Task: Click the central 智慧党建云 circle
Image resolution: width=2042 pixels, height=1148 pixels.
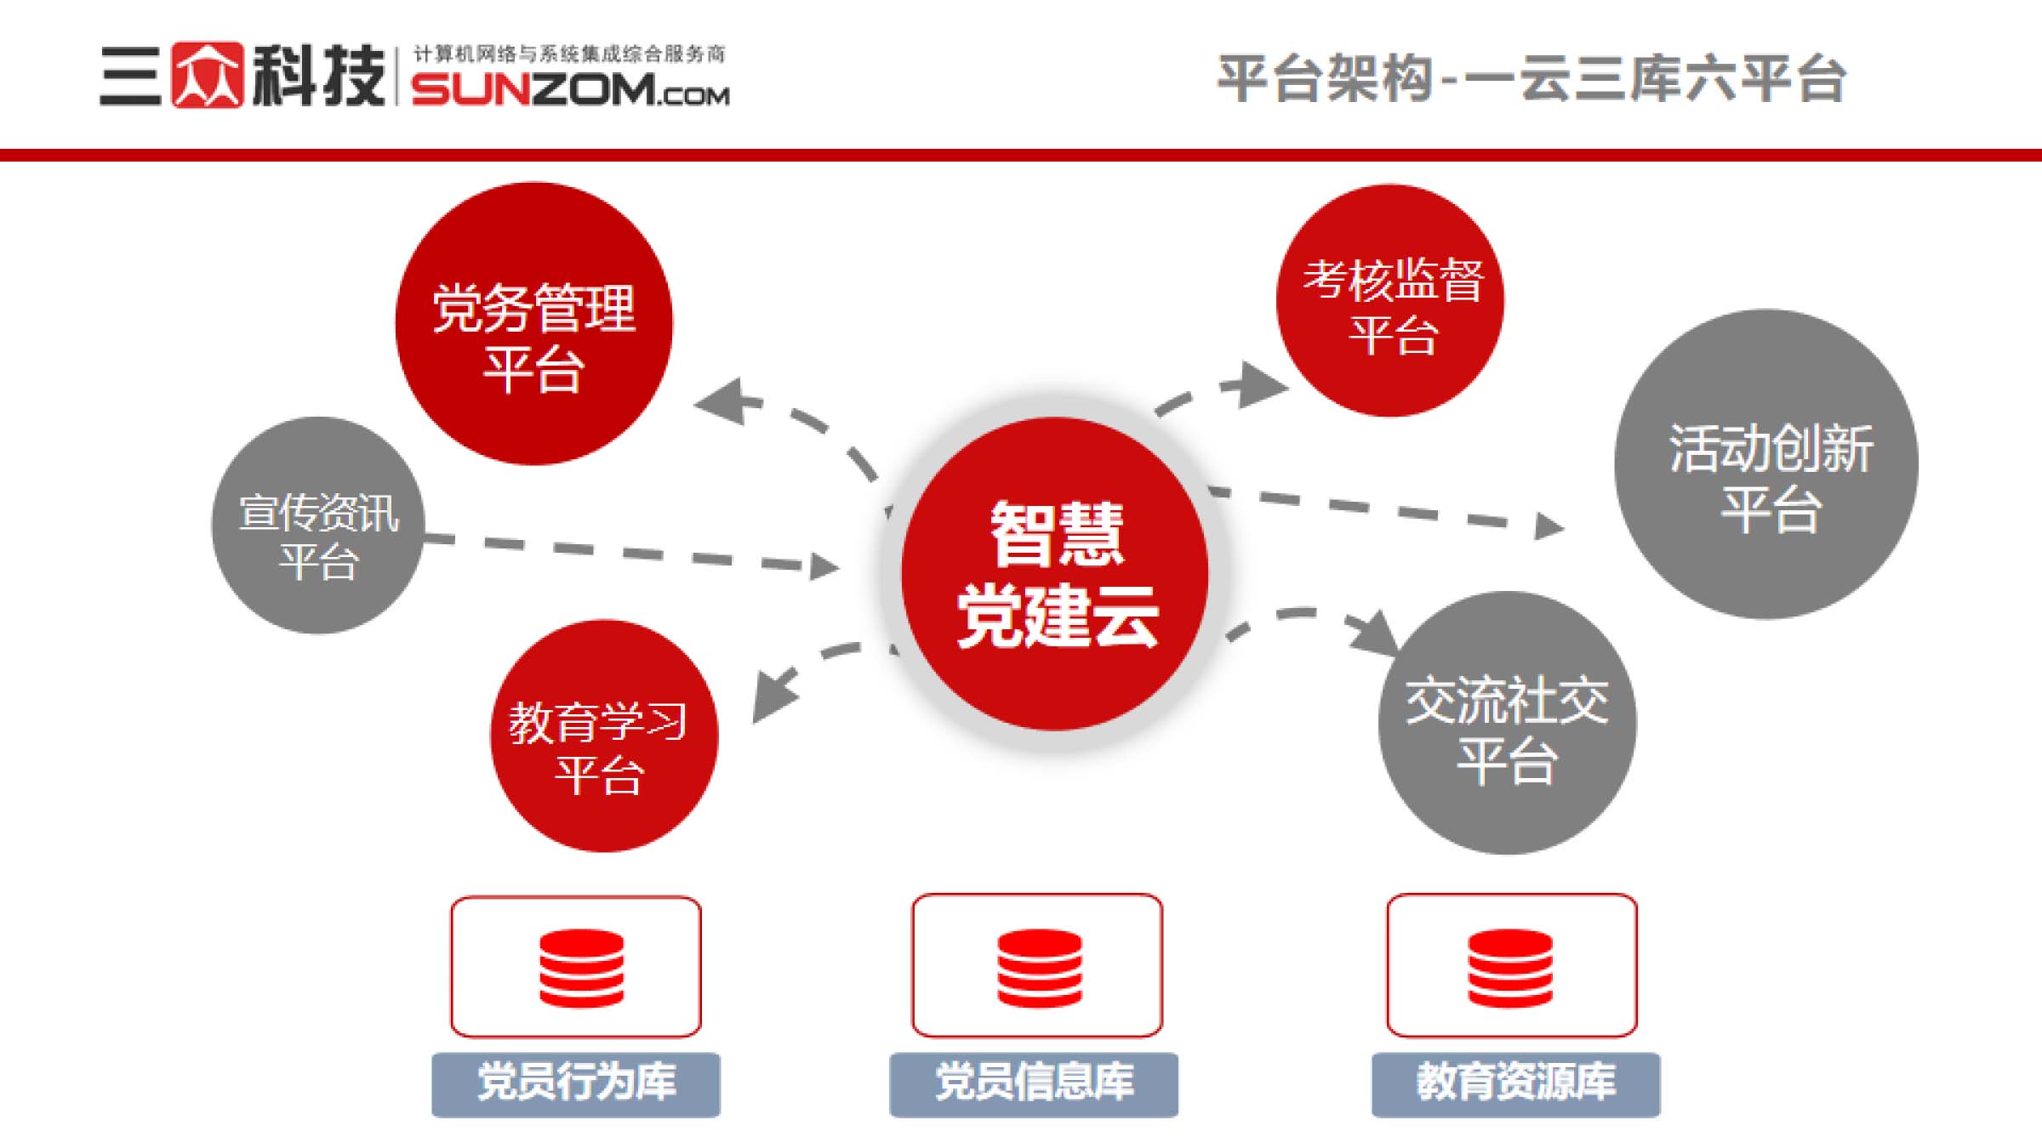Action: (x=1055, y=573)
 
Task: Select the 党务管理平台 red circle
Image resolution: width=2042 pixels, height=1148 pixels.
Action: (x=533, y=323)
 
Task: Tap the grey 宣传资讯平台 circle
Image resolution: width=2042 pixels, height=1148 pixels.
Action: (x=318, y=525)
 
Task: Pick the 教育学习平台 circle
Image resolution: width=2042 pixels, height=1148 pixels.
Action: (x=604, y=736)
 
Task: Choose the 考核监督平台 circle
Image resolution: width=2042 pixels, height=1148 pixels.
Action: (x=1390, y=300)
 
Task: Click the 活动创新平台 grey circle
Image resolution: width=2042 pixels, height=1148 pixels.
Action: (x=1766, y=464)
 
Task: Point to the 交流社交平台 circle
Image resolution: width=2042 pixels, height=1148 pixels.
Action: (x=1508, y=723)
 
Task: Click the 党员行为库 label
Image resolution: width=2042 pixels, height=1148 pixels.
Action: (x=576, y=1084)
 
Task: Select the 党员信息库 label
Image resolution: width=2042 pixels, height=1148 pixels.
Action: (x=1034, y=1084)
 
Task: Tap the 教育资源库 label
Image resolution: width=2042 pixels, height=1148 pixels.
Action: (x=1515, y=1084)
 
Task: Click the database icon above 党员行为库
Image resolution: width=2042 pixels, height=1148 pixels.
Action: (x=582, y=968)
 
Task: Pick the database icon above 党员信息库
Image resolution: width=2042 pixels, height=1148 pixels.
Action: (x=1040, y=968)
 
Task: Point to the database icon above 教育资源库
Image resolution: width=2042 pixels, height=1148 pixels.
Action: (x=1510, y=968)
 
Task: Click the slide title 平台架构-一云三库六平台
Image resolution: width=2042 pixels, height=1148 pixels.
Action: (x=1531, y=78)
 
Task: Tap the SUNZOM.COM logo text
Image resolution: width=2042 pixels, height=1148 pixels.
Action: (x=571, y=89)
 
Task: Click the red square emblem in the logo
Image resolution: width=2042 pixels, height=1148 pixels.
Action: (x=208, y=75)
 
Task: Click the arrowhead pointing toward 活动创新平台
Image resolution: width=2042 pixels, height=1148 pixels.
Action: (x=1549, y=526)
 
